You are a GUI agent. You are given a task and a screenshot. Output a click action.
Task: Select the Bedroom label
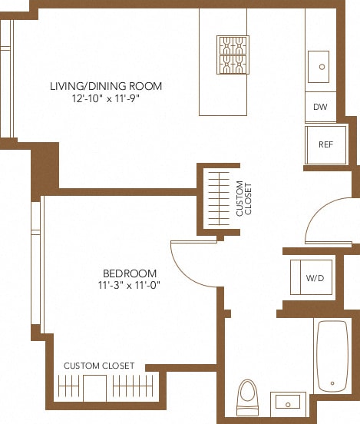click(x=130, y=273)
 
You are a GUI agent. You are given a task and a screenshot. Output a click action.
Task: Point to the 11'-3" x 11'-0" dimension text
click(x=130, y=286)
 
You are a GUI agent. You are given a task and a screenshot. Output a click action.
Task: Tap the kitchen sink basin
click(x=319, y=67)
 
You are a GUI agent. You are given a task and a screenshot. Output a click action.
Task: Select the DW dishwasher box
click(x=320, y=107)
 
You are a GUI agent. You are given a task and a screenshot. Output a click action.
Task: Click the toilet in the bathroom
click(x=247, y=396)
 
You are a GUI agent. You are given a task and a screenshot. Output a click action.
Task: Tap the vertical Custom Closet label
click(x=243, y=197)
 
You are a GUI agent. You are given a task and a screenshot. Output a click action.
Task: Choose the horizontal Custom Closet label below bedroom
click(x=99, y=366)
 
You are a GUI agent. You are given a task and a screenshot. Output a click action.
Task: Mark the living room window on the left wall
click(x=5, y=77)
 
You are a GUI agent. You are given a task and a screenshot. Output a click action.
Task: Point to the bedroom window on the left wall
click(x=36, y=261)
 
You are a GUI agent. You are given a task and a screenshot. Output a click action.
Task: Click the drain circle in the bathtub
click(x=333, y=383)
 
